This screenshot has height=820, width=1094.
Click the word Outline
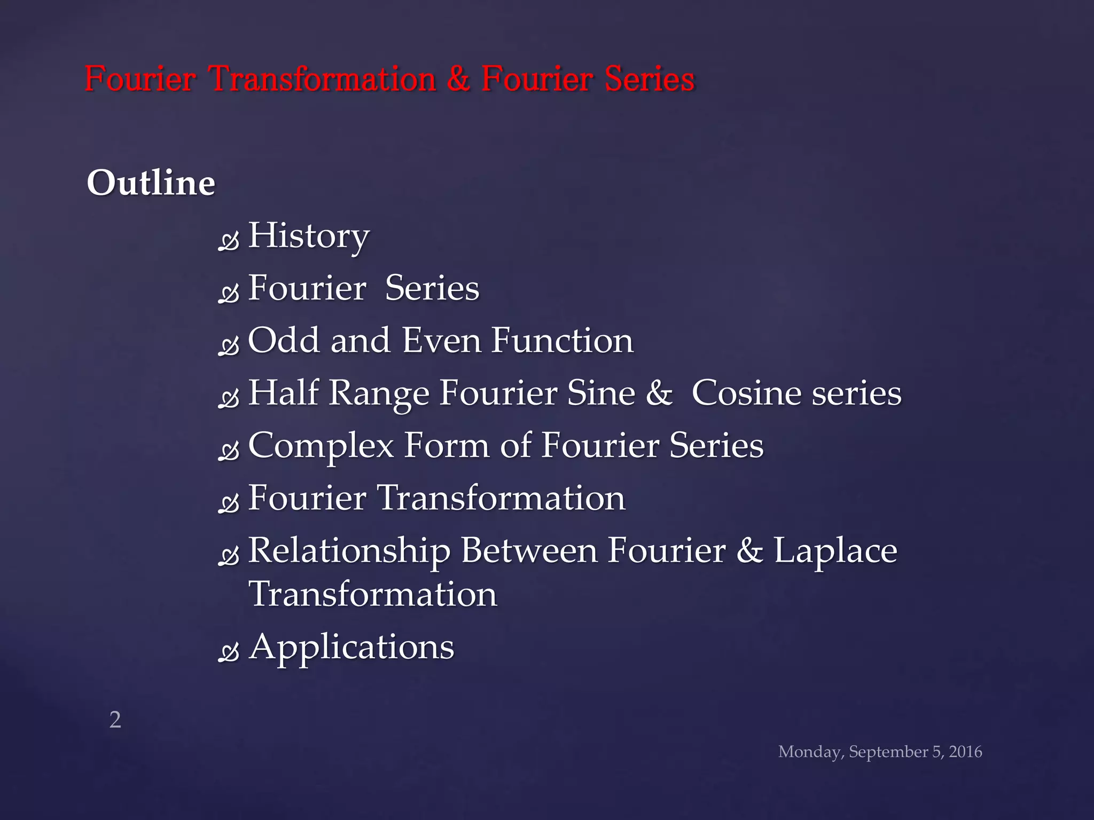pos(151,183)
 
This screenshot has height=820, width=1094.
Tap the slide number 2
pos(115,720)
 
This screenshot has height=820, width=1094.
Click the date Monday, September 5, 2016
pos(880,752)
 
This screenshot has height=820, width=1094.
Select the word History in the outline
pos(309,235)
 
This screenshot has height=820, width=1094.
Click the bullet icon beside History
pos(229,241)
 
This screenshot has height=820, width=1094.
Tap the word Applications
pos(351,647)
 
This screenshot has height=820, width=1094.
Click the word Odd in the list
pos(283,340)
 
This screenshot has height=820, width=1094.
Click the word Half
pos(283,393)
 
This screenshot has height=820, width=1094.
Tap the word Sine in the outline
pos(601,393)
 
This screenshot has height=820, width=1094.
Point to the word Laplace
pos(835,550)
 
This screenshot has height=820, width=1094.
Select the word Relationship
pos(349,550)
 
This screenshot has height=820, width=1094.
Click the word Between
pos(529,550)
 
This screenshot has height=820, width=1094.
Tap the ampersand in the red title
pos(458,79)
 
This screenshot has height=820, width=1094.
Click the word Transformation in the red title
pos(322,79)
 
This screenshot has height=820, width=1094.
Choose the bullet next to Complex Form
pos(229,452)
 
